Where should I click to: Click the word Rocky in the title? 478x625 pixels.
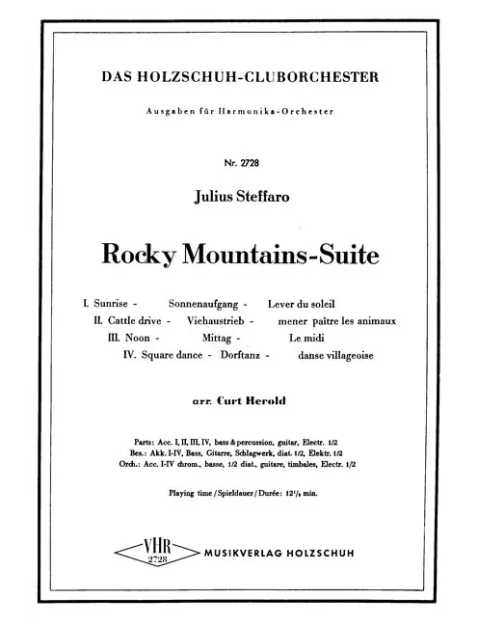point(147,256)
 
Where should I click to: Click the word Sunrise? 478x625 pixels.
point(118,303)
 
